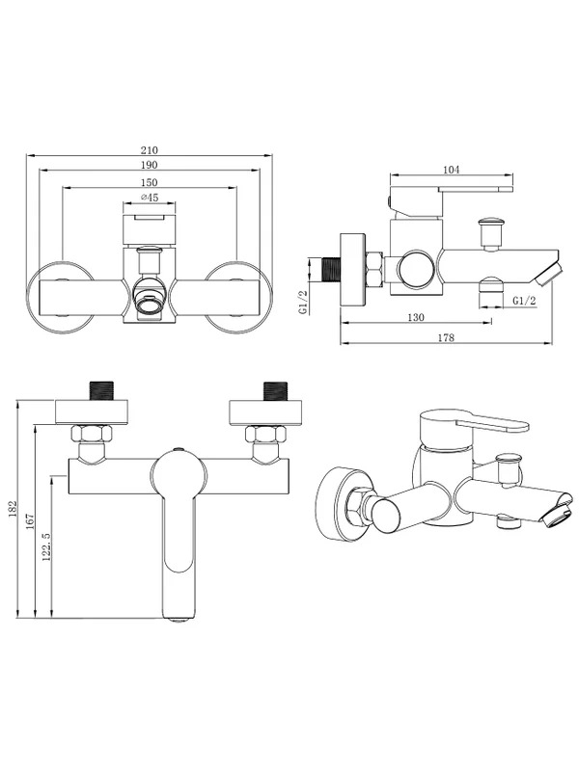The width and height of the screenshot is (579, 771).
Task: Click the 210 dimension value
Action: click(150, 150)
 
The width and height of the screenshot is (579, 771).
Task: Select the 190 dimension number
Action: click(150, 165)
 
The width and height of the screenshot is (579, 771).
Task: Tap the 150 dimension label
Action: click(150, 182)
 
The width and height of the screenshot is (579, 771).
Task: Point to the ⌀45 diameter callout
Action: click(149, 198)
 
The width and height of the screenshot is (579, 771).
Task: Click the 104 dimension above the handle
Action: click(451, 170)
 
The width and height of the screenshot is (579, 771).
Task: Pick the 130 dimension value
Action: click(416, 318)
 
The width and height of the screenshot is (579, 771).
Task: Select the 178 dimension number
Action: click(446, 338)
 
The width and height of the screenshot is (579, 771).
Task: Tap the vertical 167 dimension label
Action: click(30, 521)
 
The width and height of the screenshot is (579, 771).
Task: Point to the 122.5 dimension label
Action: click(46, 546)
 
